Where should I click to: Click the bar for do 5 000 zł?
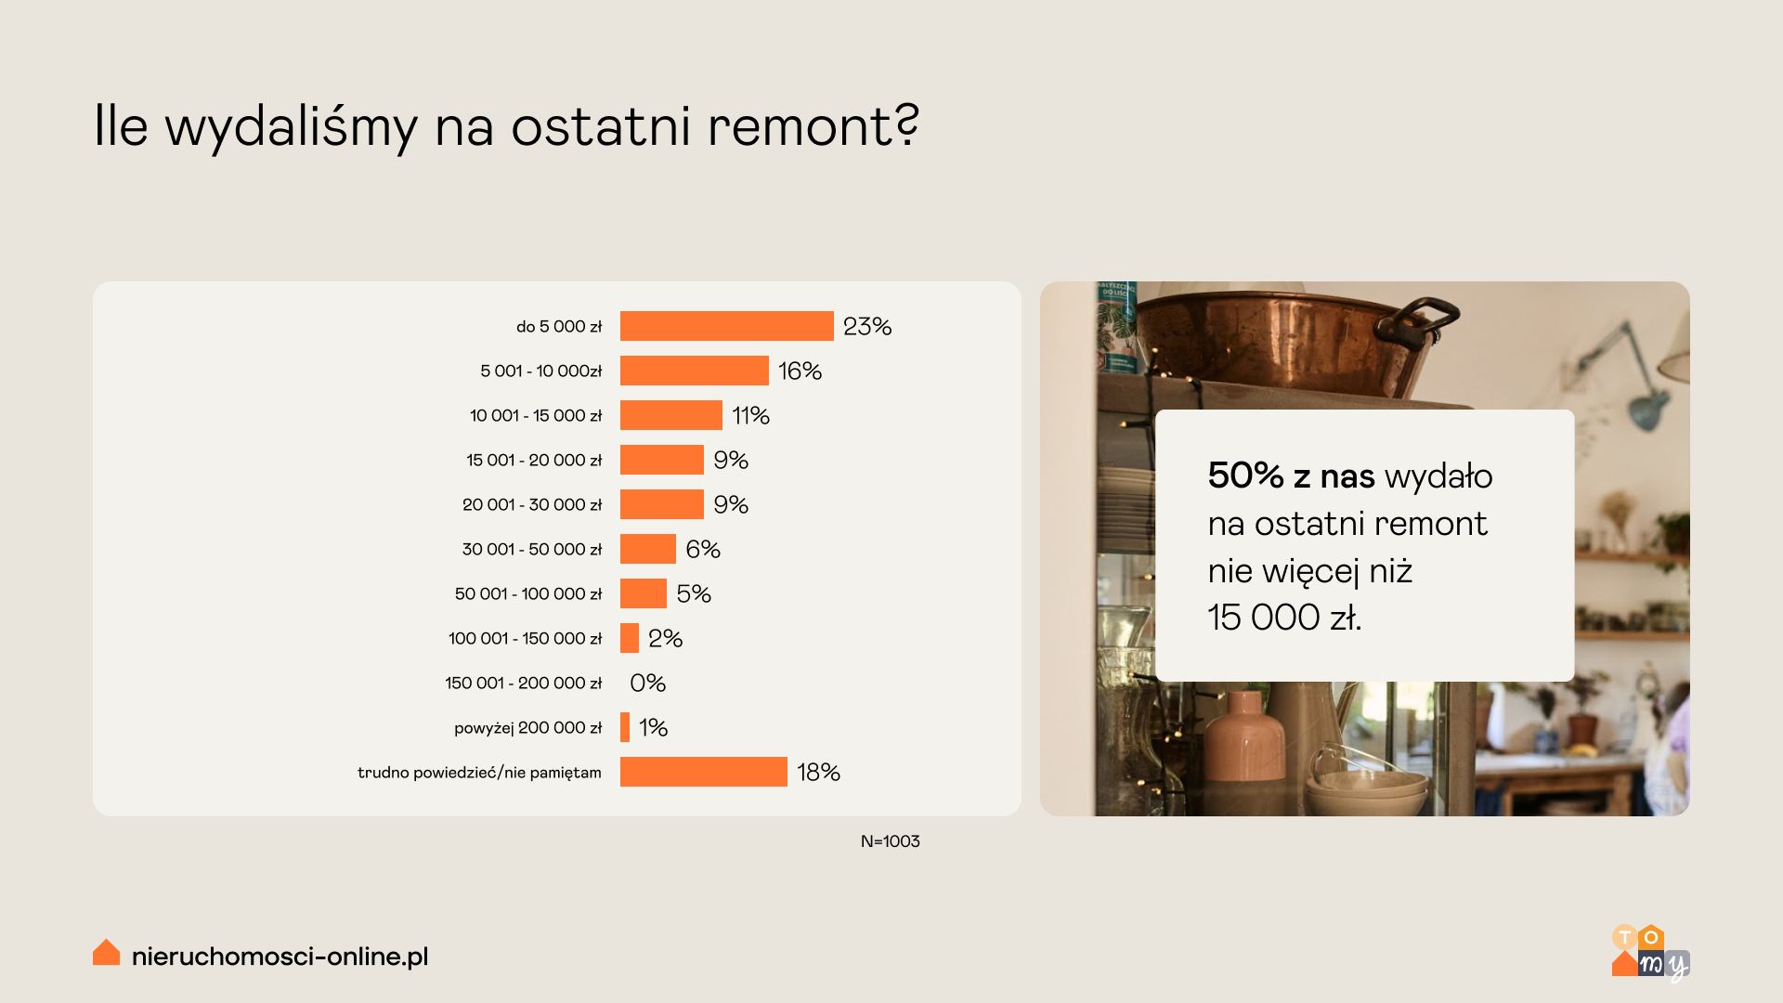(x=726, y=326)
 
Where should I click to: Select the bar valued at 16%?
(x=695, y=371)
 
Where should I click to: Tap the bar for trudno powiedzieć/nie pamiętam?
(x=704, y=772)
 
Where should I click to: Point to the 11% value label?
(x=750, y=416)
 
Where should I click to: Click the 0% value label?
(x=647, y=684)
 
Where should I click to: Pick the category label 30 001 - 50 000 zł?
(x=532, y=550)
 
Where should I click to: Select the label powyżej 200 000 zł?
(x=527, y=728)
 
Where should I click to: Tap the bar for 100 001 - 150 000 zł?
(x=630, y=638)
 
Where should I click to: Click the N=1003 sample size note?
(x=890, y=841)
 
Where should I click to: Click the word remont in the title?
(x=813, y=127)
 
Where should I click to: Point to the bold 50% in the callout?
(x=1245, y=475)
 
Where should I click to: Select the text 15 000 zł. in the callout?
(x=1284, y=618)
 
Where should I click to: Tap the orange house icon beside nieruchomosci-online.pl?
(x=107, y=952)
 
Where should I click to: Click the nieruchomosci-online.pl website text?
(x=280, y=957)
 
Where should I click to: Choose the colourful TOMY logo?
(x=1650, y=953)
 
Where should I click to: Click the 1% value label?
(x=653, y=728)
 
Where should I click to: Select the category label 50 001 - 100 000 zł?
(x=528, y=594)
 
